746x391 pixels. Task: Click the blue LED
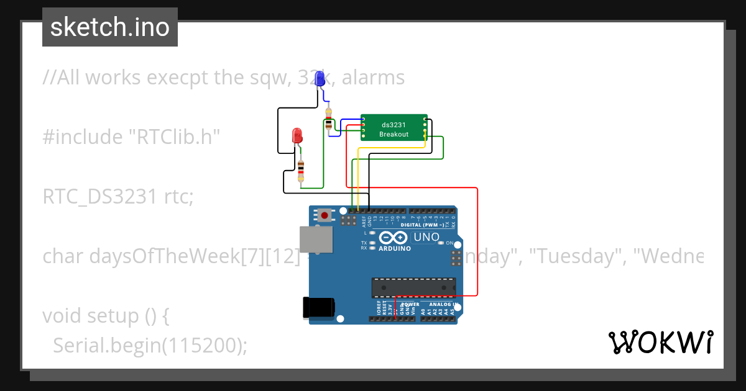(x=320, y=79)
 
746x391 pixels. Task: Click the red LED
(x=297, y=135)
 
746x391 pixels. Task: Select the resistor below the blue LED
(x=328, y=119)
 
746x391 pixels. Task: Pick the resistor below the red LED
(x=302, y=170)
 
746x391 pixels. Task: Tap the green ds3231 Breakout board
(x=394, y=129)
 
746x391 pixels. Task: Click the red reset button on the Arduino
(x=324, y=215)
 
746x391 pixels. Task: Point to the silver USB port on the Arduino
(x=316, y=239)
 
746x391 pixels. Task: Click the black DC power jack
(x=318, y=308)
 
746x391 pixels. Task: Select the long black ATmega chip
(x=413, y=287)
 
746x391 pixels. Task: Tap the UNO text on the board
(x=426, y=237)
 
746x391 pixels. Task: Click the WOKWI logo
(x=660, y=343)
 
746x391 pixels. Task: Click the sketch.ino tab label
(x=110, y=27)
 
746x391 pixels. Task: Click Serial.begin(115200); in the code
(x=150, y=345)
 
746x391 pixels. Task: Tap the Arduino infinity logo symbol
(x=394, y=237)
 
